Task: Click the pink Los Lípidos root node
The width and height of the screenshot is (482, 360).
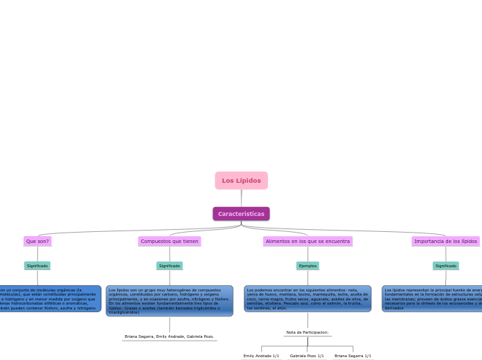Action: click(241, 181)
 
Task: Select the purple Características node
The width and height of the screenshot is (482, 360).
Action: click(241, 214)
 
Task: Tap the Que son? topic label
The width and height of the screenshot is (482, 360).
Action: click(37, 242)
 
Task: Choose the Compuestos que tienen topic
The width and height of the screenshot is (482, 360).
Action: click(170, 242)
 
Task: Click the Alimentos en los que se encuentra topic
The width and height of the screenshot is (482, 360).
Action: click(307, 242)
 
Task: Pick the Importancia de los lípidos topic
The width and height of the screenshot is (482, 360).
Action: click(445, 242)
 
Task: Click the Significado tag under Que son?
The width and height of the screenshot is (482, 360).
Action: click(37, 266)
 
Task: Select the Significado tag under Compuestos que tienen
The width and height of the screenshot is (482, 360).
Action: click(170, 266)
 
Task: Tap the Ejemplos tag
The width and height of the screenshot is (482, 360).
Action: click(307, 266)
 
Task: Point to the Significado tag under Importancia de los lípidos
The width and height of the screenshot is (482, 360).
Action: click(445, 266)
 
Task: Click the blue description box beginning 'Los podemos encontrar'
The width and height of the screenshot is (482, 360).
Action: click(307, 299)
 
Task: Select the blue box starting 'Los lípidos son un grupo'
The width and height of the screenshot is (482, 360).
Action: click(170, 301)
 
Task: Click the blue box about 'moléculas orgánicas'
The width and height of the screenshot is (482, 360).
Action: click(48, 299)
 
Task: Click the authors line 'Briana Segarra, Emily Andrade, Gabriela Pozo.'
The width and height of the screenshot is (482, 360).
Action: click(170, 336)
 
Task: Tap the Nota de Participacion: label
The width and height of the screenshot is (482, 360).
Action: click(307, 332)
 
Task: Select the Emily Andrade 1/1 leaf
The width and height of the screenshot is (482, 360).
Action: click(261, 356)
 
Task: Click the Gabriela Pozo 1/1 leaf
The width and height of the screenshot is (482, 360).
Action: click(307, 356)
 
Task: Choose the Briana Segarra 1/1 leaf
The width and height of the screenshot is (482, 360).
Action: click(352, 356)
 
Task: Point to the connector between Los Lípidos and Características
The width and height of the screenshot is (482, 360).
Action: click(241, 198)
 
